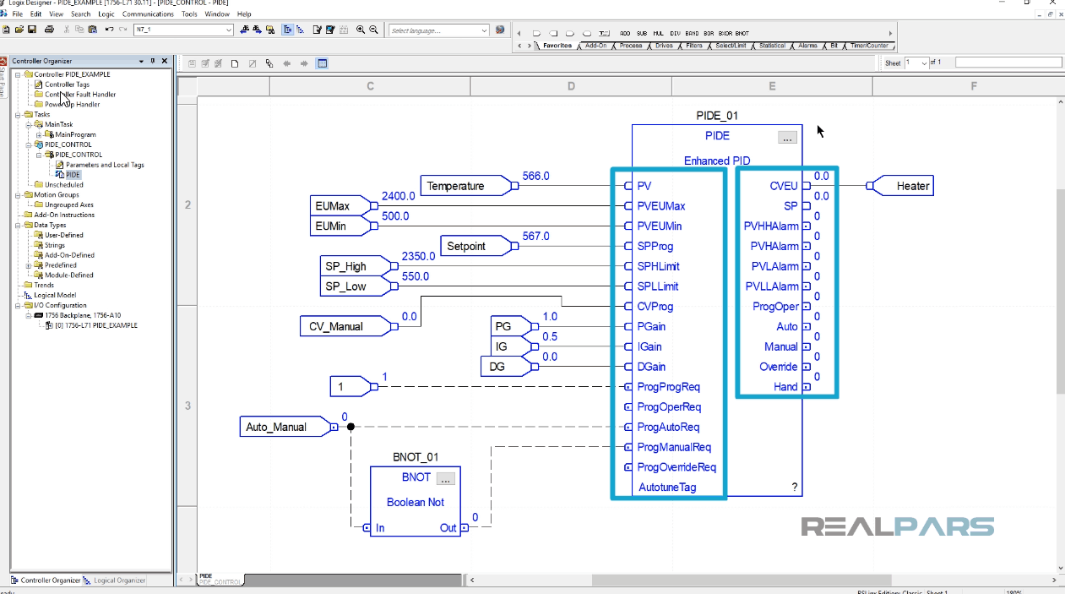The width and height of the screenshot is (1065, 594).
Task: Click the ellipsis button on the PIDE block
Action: [787, 138]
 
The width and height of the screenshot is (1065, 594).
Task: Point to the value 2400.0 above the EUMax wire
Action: [398, 196]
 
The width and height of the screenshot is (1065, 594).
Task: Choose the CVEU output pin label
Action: [783, 186]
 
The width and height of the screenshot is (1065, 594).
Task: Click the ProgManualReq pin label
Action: [673, 447]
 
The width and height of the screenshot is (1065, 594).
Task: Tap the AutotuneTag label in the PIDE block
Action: [667, 488]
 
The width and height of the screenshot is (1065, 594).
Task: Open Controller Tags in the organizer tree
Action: [67, 84]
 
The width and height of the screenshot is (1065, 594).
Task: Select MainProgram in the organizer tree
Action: [75, 134]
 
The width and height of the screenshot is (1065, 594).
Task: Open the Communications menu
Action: [148, 14]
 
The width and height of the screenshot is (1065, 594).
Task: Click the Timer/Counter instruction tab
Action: [869, 46]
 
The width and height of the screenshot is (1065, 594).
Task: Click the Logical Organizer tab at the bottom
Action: [119, 580]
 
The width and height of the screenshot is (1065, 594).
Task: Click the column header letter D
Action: [571, 86]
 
